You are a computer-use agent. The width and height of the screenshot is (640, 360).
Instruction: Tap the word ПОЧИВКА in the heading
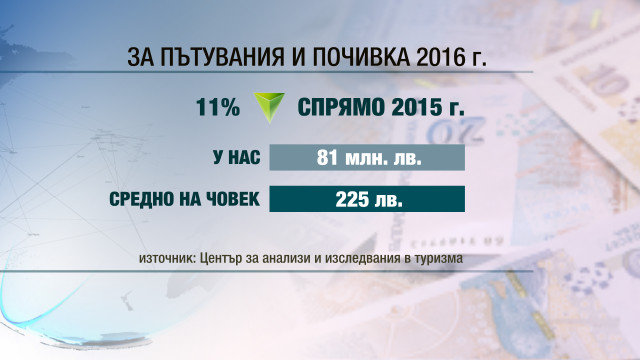[361, 57]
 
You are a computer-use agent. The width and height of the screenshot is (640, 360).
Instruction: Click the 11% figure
[218, 108]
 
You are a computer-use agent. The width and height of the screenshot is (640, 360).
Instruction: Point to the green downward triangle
[269, 106]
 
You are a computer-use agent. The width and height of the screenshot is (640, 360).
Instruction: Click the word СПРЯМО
[341, 108]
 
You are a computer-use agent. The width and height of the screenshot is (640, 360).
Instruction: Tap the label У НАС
[237, 157]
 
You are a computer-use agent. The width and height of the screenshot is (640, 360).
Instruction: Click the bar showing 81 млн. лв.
[367, 157]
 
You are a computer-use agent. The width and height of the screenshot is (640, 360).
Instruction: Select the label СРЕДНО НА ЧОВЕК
[184, 199]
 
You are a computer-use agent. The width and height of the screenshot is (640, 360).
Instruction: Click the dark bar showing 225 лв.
[367, 199]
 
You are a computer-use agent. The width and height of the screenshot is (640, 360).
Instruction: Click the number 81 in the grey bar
[327, 157]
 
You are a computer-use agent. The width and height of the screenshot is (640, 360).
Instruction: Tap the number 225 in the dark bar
[349, 199]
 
